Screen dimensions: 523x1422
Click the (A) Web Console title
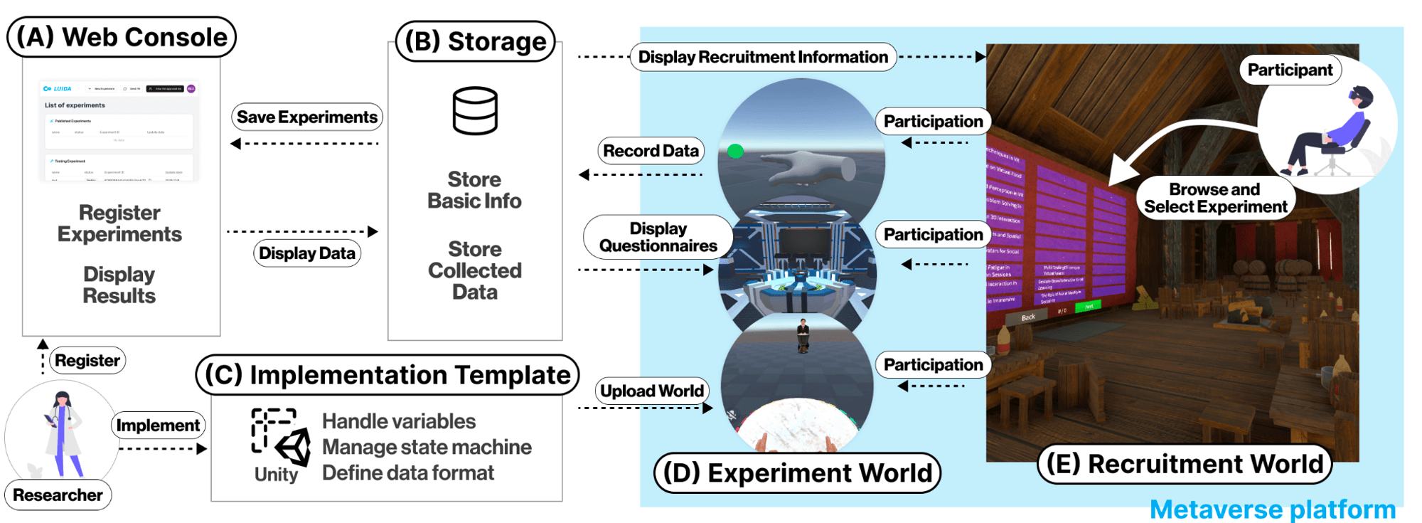[122, 37]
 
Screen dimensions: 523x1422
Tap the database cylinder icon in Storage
[475, 111]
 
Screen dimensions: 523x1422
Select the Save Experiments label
[307, 117]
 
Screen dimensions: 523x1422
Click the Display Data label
[307, 253]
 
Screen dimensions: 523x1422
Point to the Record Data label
[651, 151]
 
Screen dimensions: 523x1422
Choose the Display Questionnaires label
[658, 237]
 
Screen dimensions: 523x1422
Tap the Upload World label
[652, 391]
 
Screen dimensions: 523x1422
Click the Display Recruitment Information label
[763, 57]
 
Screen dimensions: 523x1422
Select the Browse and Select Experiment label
[1215, 199]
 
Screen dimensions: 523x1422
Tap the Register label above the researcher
[87, 361]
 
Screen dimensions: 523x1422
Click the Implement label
[158, 426]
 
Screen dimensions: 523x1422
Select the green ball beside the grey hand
[736, 151]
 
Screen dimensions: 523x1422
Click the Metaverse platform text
[1273, 509]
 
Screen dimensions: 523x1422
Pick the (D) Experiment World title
[797, 473]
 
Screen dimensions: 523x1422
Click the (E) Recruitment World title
[1185, 464]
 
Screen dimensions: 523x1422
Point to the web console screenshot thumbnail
[119, 131]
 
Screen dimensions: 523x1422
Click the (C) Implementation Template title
[387, 375]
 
